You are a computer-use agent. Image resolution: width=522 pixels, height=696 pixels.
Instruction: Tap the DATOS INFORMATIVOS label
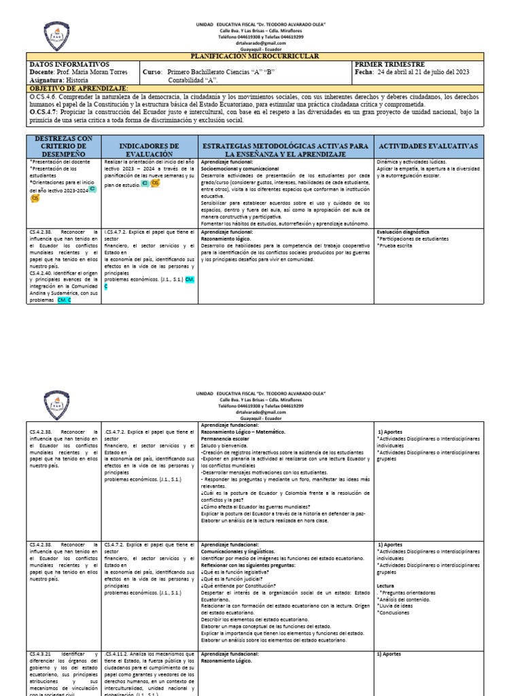coord(70,65)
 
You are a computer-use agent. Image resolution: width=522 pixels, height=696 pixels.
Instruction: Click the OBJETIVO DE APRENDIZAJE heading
coord(79,89)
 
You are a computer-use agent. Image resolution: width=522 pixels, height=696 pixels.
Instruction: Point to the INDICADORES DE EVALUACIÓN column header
coord(149,150)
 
